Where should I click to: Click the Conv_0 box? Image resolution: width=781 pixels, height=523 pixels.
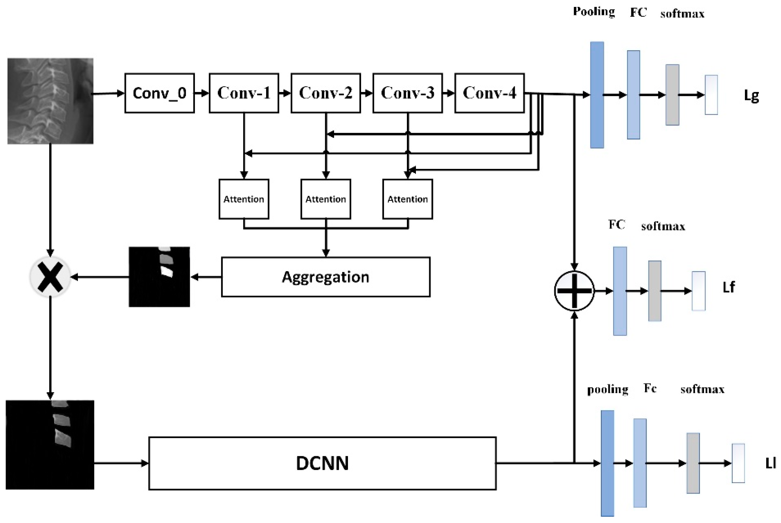(159, 93)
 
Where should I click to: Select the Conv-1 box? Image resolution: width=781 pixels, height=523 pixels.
(244, 93)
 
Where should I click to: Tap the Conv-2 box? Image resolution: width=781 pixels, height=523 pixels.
(326, 93)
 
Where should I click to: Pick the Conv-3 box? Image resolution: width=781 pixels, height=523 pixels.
(407, 93)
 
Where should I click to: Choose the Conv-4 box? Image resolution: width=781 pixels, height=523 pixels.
(489, 93)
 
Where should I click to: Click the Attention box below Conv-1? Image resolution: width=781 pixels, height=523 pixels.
(244, 199)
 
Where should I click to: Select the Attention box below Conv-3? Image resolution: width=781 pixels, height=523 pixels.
(407, 199)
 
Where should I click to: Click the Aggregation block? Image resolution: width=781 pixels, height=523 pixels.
(326, 277)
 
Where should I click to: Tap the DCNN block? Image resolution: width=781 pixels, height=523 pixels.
(322, 463)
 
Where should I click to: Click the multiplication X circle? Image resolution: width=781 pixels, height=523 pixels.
(50, 277)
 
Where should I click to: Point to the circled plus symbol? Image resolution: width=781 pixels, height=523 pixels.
(574, 291)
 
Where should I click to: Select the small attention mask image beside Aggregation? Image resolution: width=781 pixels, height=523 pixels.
(159, 277)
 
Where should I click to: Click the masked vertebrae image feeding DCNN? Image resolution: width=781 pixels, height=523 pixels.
(50, 445)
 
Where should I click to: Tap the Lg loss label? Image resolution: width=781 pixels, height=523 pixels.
(751, 96)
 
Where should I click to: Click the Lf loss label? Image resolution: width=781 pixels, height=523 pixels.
(729, 287)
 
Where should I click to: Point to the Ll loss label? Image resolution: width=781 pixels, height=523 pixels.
(770, 463)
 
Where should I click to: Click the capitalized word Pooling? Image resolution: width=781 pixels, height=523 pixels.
(594, 12)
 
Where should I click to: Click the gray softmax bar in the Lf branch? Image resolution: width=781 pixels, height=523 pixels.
(655, 291)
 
